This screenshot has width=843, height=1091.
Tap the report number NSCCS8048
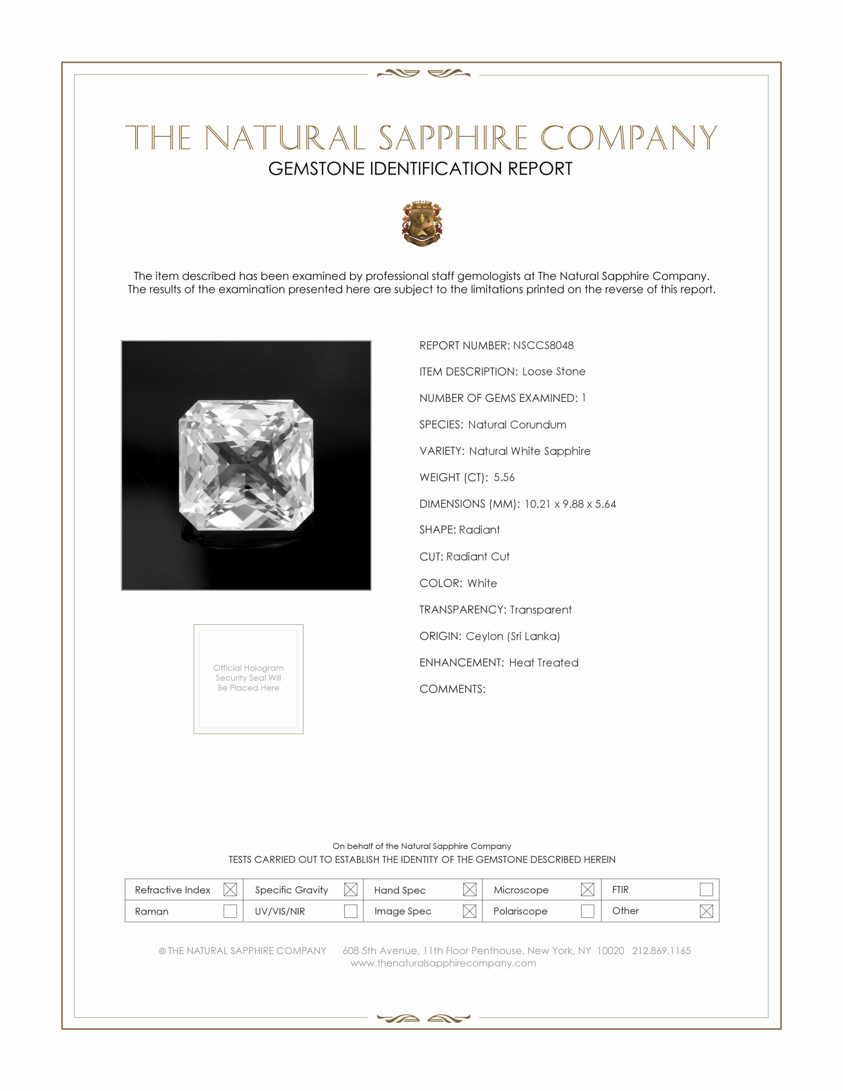pyautogui.click(x=543, y=345)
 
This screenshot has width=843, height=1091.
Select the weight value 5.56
pyautogui.click(x=504, y=477)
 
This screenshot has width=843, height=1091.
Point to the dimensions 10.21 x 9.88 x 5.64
pyautogui.click(x=570, y=503)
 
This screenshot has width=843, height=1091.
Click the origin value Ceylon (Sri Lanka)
pyautogui.click(x=513, y=636)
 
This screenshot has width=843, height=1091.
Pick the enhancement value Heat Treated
pyautogui.click(x=543, y=663)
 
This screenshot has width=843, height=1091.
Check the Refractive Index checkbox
pyautogui.click(x=230, y=889)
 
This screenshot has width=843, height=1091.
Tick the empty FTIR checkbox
pyautogui.click(x=706, y=889)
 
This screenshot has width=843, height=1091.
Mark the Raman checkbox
pyautogui.click(x=230, y=911)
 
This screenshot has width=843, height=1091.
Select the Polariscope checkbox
pyautogui.click(x=587, y=911)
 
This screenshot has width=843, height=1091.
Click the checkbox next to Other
pyautogui.click(x=706, y=911)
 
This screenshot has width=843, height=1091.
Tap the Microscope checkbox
pyautogui.click(x=587, y=889)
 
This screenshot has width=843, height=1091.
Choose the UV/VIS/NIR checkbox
pyautogui.click(x=351, y=911)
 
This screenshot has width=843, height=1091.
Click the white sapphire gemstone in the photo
pyautogui.click(x=246, y=465)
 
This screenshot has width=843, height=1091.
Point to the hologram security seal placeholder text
pyautogui.click(x=248, y=677)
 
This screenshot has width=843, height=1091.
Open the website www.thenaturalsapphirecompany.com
pyautogui.click(x=443, y=963)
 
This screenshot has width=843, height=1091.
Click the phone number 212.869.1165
pyautogui.click(x=661, y=951)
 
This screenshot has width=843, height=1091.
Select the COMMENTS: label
pyautogui.click(x=452, y=689)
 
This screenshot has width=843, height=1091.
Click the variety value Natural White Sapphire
pyautogui.click(x=530, y=451)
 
